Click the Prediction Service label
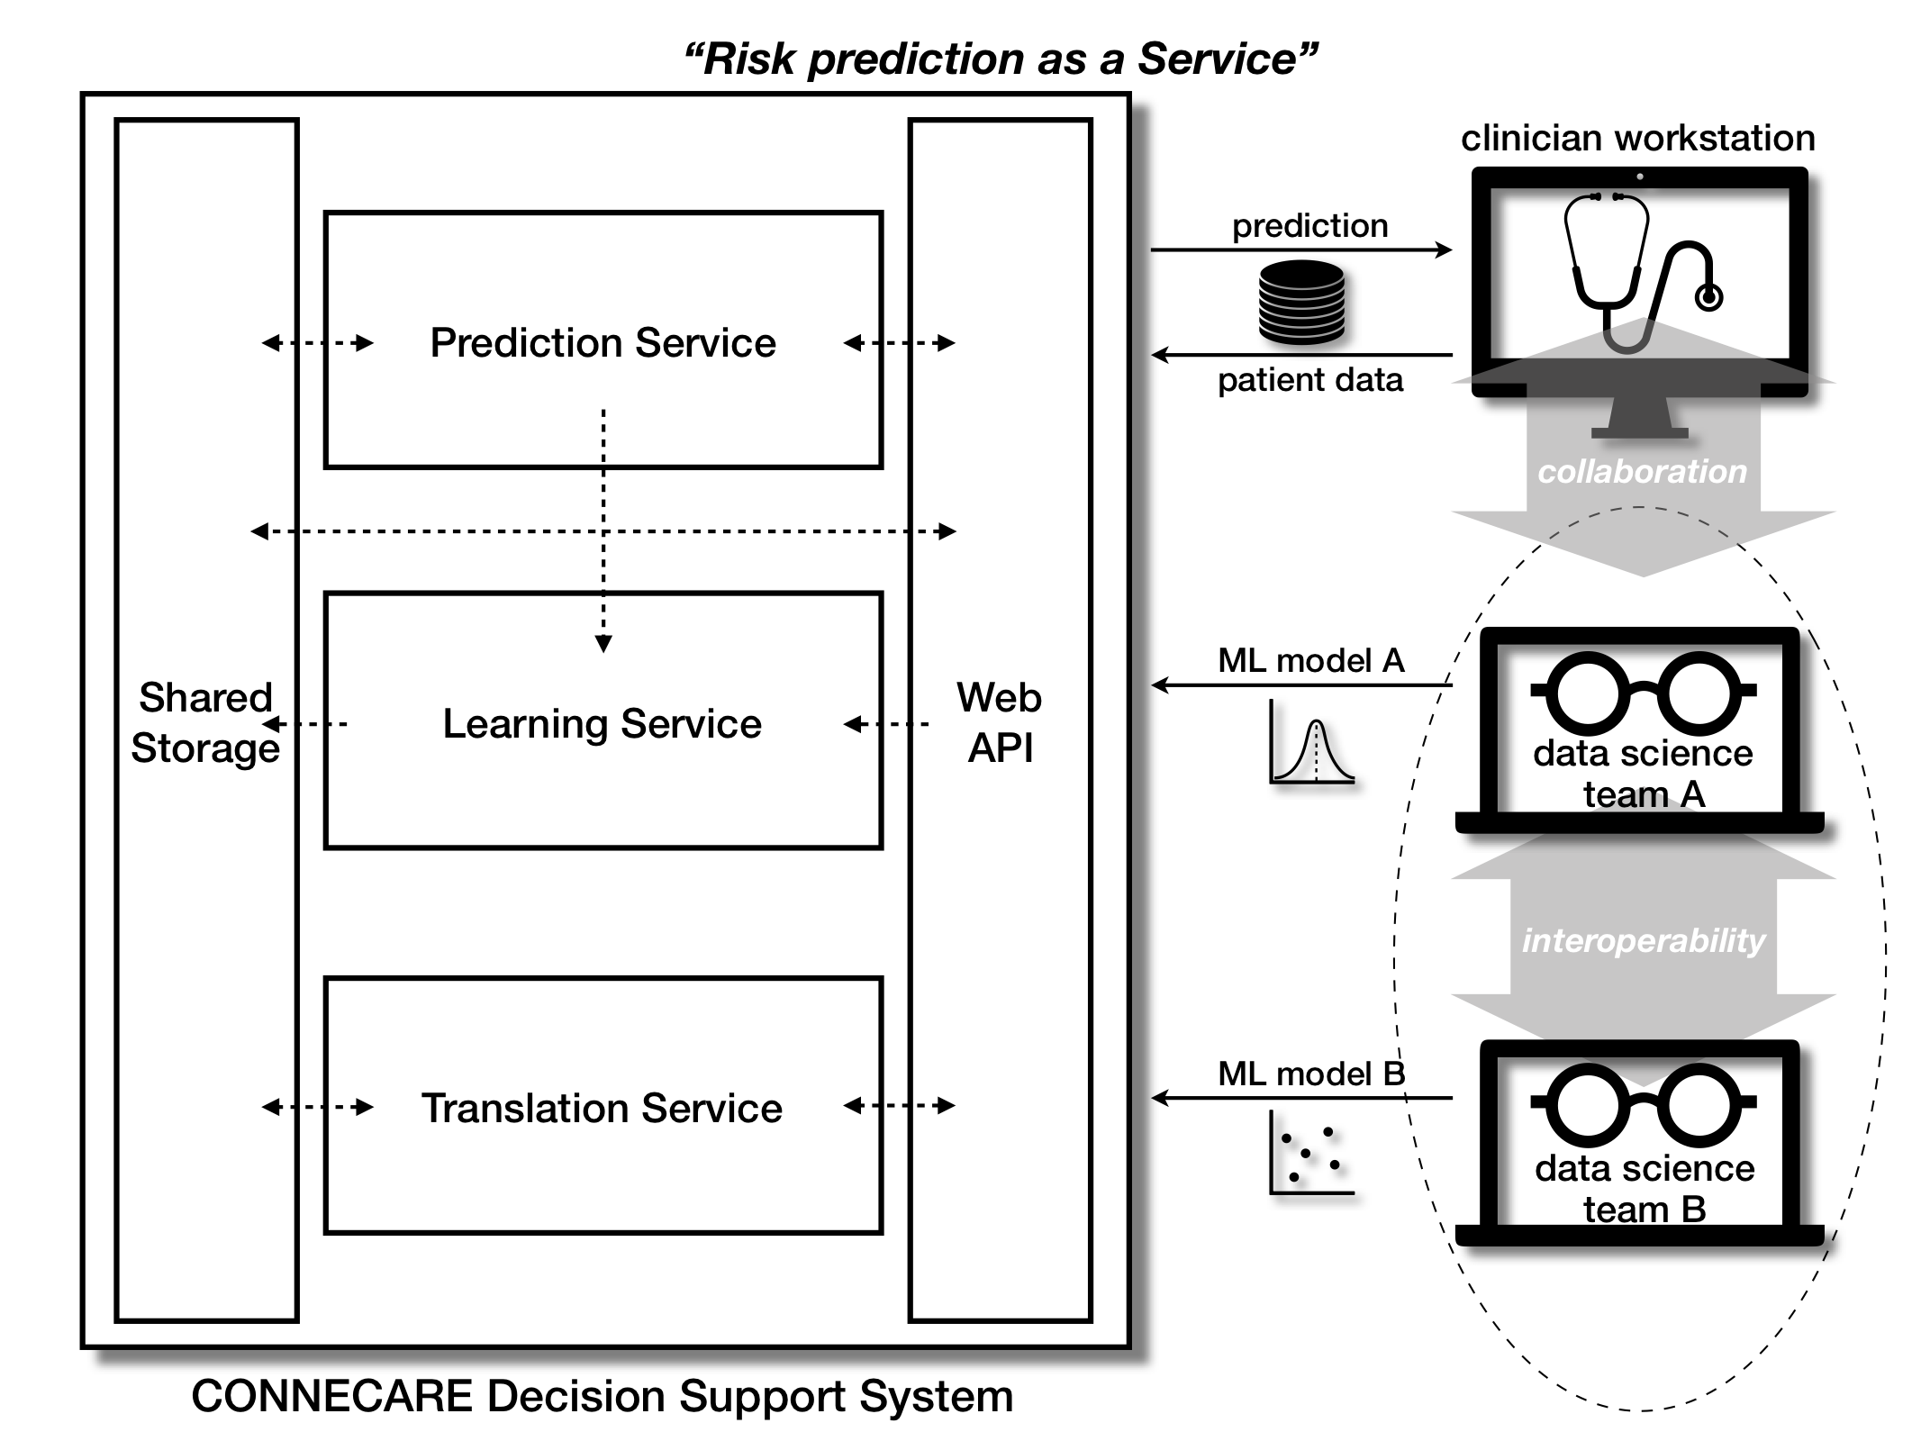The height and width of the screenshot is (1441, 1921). point(603,343)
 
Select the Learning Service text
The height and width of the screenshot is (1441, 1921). point(602,724)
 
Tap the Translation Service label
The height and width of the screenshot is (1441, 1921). point(602,1108)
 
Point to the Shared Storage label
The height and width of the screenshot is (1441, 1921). point(205,722)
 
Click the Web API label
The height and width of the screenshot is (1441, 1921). point(1000,722)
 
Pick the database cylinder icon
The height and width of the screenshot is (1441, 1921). point(1301,303)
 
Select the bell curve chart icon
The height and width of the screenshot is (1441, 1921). point(1311,742)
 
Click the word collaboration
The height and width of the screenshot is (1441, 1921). point(1642,471)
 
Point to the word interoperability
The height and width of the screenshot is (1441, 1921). point(1643,940)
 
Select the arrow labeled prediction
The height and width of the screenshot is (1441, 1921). point(1301,249)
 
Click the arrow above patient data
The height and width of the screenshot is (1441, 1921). point(1301,355)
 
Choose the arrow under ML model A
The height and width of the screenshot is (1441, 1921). point(1301,685)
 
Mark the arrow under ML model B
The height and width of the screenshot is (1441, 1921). point(1301,1098)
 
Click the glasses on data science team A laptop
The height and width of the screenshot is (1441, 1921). point(1643,692)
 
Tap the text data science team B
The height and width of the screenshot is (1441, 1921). point(1645,1189)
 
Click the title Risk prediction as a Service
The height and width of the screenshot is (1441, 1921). point(1001,59)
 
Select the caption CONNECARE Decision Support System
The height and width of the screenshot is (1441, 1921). point(603,1396)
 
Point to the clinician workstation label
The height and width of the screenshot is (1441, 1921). point(1637,139)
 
